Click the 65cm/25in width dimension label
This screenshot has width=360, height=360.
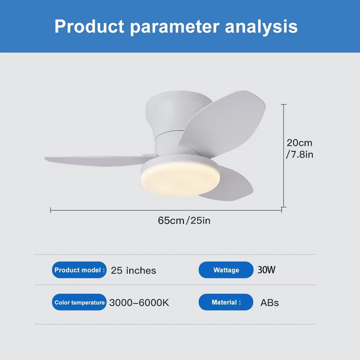pos(184,220)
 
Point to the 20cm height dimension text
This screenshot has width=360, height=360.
pos(299,143)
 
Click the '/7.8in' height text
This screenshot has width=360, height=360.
pos(299,155)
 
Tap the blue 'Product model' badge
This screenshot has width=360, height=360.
pos(79,270)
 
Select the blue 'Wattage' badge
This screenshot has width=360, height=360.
pos(226,270)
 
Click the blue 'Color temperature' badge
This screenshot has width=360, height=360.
pos(79,302)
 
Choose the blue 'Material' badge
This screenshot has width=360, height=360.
pos(226,302)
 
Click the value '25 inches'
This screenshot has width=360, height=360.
pos(133,270)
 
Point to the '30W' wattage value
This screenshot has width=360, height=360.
pos(266,270)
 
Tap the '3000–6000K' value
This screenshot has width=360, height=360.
pos(139,302)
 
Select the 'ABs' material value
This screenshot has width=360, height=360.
pos(270,302)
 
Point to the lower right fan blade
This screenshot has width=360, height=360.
pos(229,184)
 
